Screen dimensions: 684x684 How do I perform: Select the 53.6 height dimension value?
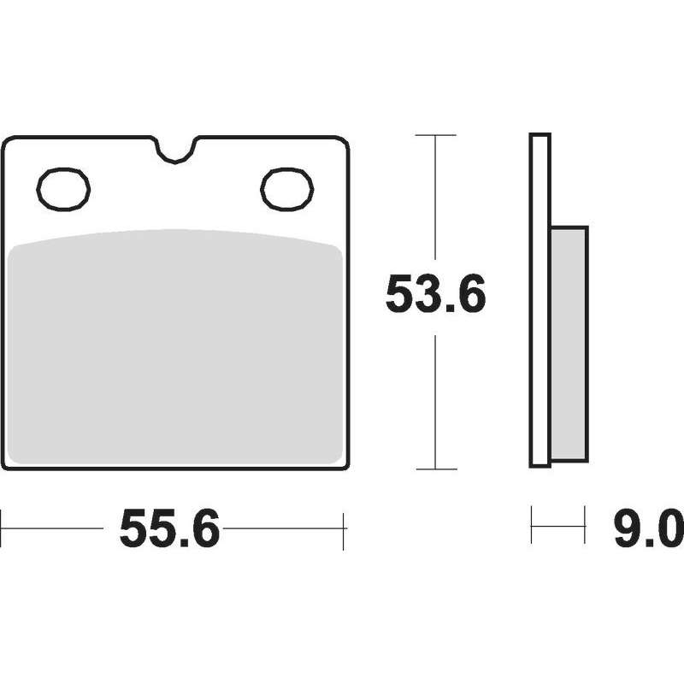click(435, 293)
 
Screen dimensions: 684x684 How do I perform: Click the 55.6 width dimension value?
click(169, 528)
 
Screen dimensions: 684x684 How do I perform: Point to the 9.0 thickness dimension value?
click(648, 528)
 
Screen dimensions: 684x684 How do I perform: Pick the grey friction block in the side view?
click(569, 344)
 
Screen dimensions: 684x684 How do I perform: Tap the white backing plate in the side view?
click(540, 301)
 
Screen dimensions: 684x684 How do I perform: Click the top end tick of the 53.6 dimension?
click(435, 135)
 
